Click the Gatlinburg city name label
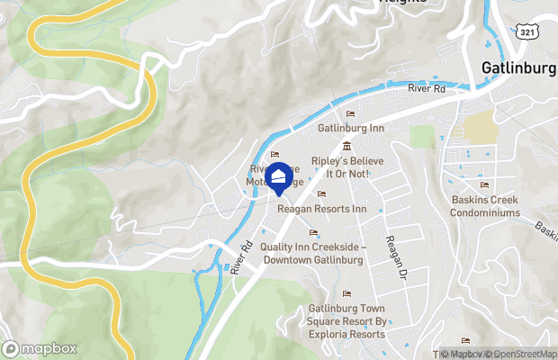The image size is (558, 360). click(519, 67)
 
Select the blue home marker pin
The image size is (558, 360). click(280, 177)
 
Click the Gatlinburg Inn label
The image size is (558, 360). click(351, 129)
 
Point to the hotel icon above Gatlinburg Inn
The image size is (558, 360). click(351, 113)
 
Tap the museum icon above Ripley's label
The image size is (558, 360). click(346, 147)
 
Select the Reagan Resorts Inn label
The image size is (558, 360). click(322, 209)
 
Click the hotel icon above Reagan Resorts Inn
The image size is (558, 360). click(321, 193)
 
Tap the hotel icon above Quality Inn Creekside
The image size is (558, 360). click(314, 232)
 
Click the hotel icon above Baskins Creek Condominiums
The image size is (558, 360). click(484, 184)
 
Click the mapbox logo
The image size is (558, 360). click(40, 348)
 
